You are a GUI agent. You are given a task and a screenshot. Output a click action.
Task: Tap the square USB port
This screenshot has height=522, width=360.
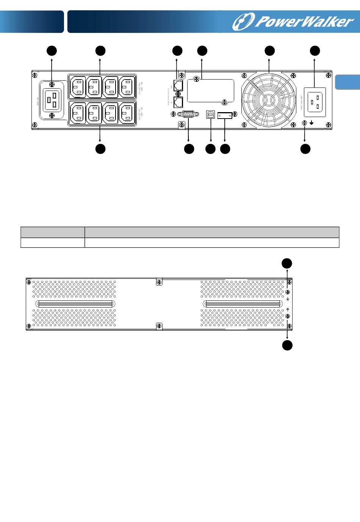211,115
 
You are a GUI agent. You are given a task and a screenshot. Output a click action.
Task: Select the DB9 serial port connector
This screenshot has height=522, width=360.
188,114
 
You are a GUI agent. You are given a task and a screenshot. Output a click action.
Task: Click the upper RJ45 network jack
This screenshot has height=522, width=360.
178,85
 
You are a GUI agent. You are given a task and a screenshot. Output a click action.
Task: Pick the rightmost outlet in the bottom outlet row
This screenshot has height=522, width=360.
127,113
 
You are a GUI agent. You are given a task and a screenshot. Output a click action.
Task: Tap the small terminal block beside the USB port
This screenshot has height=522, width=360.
225,115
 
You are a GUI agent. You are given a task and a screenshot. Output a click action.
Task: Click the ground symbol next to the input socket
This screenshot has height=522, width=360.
311,123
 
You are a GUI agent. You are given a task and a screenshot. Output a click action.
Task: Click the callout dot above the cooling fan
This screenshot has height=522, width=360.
269,51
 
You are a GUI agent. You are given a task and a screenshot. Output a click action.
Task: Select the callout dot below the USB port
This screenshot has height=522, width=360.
210,149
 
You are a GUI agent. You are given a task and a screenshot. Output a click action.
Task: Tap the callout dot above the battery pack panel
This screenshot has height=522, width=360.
287,263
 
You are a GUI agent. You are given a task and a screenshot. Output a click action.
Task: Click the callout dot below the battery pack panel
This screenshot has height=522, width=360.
287,345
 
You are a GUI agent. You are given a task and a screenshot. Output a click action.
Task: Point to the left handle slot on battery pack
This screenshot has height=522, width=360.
76,304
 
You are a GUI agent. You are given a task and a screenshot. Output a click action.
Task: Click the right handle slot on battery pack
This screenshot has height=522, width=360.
243,304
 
